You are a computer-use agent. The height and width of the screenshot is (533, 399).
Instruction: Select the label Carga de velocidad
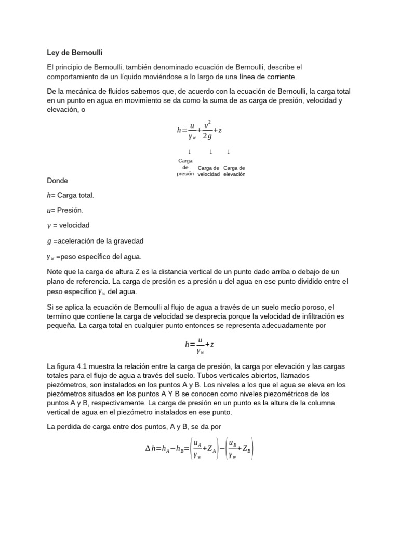coord(208,171)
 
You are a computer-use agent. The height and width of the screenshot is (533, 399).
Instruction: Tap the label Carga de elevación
coord(234,171)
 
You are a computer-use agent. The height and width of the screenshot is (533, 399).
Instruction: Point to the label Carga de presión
coord(185,168)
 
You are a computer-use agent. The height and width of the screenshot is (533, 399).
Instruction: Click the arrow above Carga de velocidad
coord(211,151)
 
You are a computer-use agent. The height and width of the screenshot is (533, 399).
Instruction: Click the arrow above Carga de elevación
coord(229,151)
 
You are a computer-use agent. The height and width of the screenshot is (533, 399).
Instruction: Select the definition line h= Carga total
coord(71,195)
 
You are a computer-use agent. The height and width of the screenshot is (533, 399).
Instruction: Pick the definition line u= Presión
coord(65,210)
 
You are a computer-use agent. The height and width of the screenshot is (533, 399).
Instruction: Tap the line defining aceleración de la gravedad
coord(95,241)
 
